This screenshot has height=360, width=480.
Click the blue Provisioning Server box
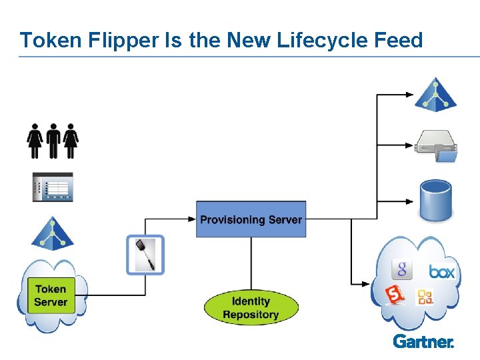click(251, 219)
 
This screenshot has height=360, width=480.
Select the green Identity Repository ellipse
click(251, 308)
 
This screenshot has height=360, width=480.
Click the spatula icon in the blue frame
click(145, 255)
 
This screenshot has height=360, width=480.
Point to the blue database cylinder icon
click(436, 200)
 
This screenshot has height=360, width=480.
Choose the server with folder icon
click(437, 146)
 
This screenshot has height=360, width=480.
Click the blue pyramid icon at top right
click(435, 95)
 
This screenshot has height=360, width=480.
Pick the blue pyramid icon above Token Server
click(51, 233)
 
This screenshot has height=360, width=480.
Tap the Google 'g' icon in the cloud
click(401, 269)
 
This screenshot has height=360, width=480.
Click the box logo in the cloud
click(441, 271)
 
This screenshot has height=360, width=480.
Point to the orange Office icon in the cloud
click(425, 297)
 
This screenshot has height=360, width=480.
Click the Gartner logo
click(423, 341)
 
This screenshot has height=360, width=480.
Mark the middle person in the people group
click(53, 140)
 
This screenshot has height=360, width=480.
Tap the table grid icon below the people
click(53, 187)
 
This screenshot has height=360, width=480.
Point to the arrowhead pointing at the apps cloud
click(367, 285)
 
